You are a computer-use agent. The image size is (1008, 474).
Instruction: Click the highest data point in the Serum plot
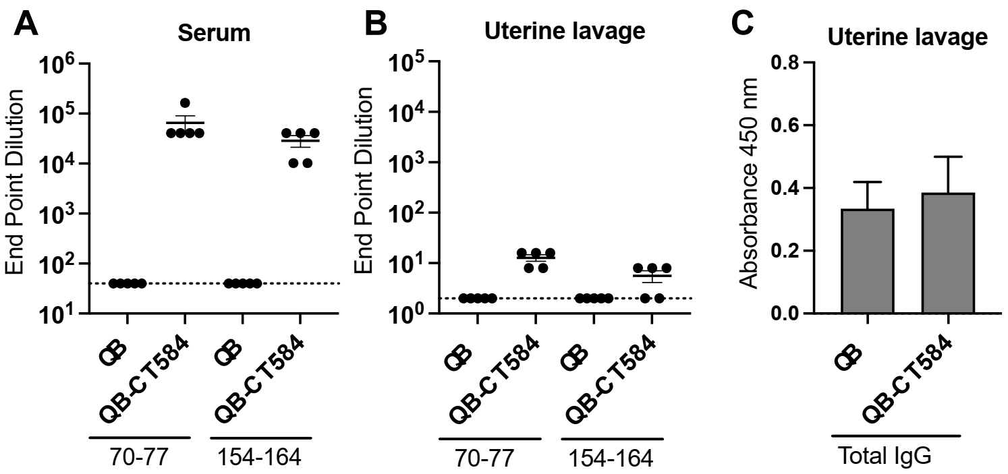point(185,102)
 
